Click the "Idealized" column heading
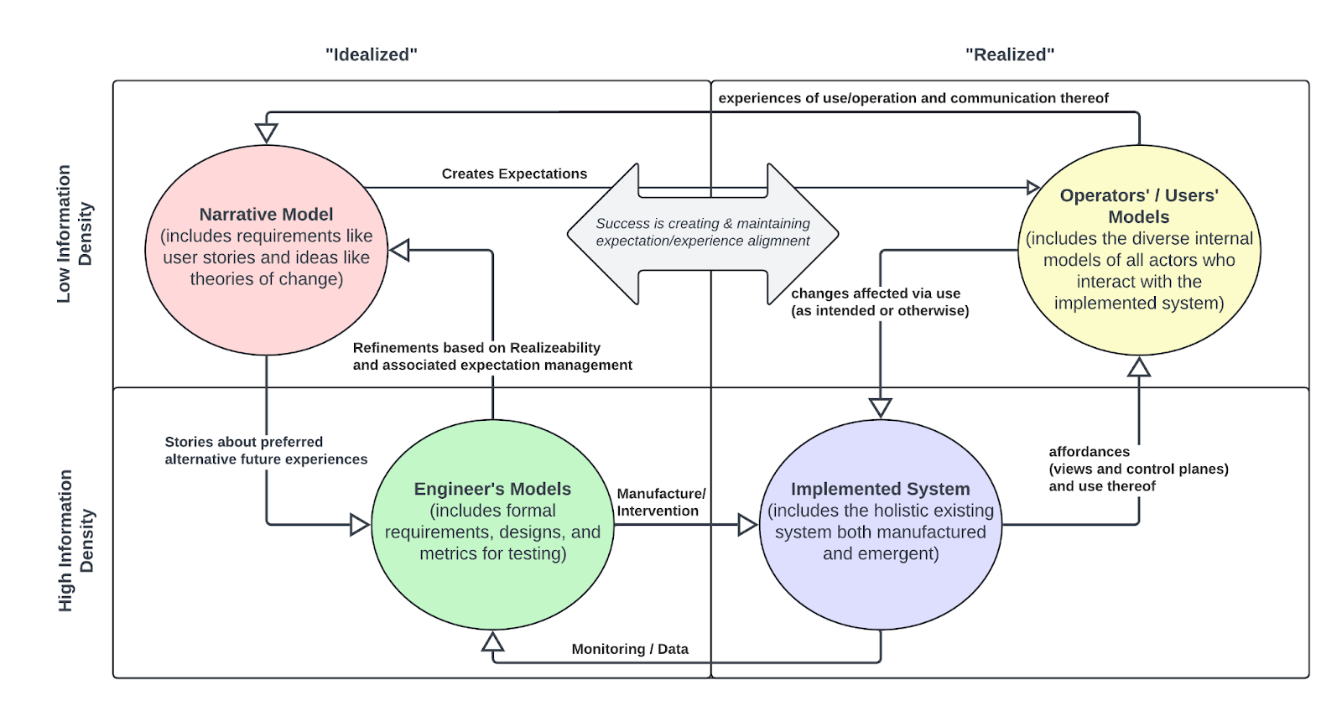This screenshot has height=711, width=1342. point(372,54)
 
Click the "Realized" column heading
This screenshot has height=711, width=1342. point(1010,54)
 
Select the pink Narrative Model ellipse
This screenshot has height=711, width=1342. point(267,250)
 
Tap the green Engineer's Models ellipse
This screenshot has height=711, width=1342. point(492,525)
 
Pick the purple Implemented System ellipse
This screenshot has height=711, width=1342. point(881,525)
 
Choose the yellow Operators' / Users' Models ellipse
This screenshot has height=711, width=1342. point(1139,250)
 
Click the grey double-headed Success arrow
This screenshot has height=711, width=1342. point(703,234)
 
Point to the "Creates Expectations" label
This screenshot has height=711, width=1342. point(514,174)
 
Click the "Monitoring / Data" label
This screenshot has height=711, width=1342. point(630,649)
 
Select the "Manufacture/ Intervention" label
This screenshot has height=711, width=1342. point(662,502)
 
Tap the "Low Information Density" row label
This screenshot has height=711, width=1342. point(75,234)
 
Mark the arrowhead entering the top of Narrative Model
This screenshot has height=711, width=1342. point(267,133)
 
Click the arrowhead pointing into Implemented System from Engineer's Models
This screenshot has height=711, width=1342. point(748,525)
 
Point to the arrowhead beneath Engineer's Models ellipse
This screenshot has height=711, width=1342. point(492,641)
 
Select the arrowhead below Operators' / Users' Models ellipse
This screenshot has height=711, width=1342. point(1139,366)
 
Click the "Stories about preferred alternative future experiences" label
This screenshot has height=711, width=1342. point(266,450)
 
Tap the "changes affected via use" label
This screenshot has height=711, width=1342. point(876,293)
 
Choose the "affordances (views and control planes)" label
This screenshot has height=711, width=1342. point(1138,460)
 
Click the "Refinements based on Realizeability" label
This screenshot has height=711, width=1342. point(476,348)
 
